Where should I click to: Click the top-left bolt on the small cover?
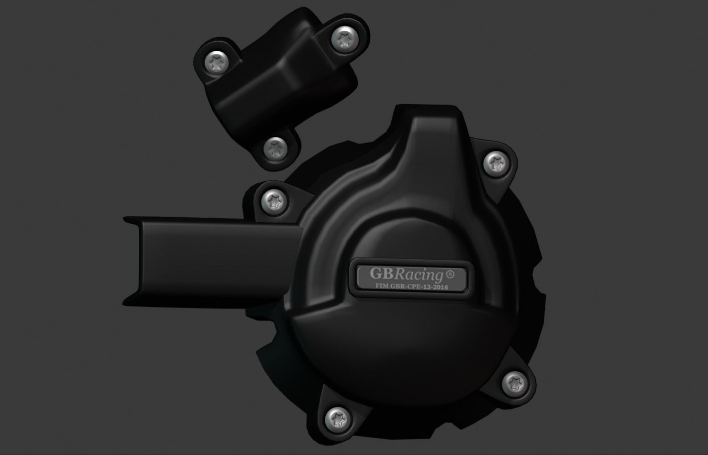point(217,63)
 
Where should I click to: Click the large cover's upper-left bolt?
point(273,201)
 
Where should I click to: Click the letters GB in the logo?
point(381,274)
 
